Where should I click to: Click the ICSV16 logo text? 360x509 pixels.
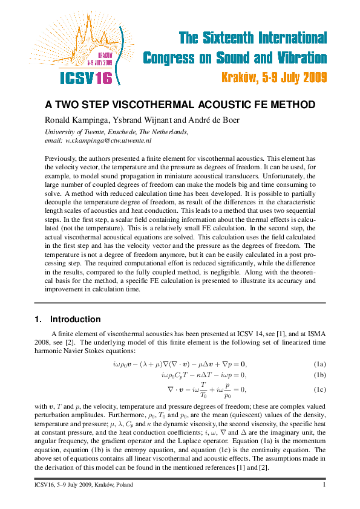tap(87, 78)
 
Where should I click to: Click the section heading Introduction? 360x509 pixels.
tap(75, 319)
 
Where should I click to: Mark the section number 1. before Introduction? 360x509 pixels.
tap(38, 319)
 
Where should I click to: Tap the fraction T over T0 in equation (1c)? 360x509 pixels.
tap(203, 390)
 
